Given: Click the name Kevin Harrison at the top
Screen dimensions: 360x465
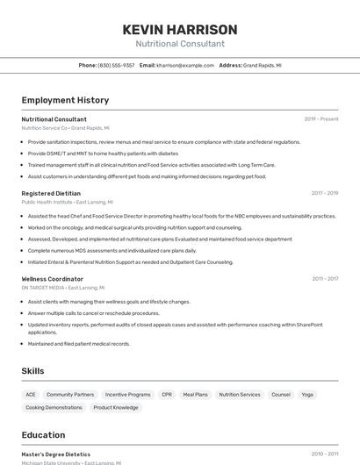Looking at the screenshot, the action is [180, 29].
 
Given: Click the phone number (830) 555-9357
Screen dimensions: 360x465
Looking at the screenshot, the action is [116, 65].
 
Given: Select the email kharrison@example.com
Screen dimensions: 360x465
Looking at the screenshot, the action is [185, 65].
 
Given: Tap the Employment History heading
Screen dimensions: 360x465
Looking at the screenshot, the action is [65, 100].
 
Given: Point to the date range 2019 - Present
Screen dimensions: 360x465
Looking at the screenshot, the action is [321, 119].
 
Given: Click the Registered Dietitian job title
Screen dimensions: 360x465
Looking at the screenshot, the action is [51, 193].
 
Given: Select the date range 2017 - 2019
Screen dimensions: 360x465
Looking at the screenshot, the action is [324, 193].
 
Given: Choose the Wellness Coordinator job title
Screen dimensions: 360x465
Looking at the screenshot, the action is [53, 279].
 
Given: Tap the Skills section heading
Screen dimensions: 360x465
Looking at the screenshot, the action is [32, 371].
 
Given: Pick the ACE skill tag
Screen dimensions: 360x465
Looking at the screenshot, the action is [31, 395].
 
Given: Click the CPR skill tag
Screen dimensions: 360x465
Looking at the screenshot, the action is [167, 395].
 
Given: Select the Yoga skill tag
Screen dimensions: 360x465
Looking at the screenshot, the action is [307, 395].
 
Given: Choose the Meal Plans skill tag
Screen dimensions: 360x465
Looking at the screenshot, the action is [195, 395].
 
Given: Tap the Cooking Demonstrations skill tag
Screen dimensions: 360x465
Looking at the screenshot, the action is [54, 408].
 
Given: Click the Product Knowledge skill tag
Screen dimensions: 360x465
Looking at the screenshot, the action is [116, 408].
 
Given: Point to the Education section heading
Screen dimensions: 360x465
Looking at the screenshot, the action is [43, 435].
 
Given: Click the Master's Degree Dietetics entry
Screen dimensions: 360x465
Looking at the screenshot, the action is [55, 454].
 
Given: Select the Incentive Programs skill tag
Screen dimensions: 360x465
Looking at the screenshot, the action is [128, 395].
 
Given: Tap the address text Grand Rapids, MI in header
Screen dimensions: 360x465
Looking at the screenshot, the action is [263, 65].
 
